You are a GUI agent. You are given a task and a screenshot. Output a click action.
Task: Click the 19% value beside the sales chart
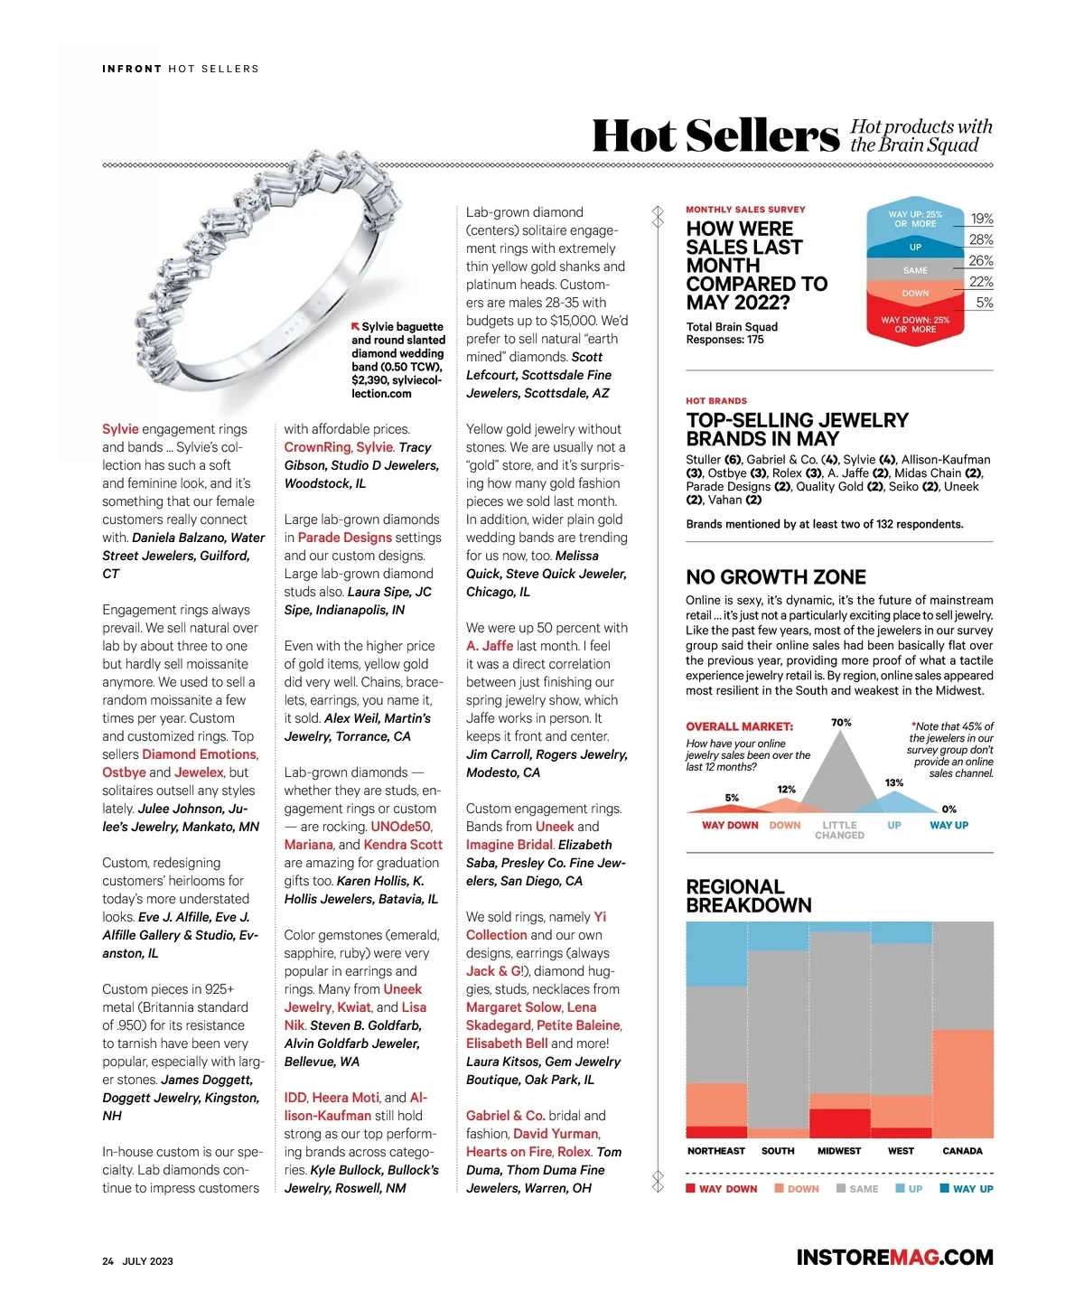pos(981,219)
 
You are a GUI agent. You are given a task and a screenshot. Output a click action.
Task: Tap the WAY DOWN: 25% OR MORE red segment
pos(915,324)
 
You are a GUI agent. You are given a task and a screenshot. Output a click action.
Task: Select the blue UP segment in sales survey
pos(915,247)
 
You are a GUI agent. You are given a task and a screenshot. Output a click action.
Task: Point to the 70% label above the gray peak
pos(841,723)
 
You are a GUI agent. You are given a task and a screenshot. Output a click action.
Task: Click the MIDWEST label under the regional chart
pos(839,1151)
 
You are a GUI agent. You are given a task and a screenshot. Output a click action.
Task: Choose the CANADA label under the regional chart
pos(962,1151)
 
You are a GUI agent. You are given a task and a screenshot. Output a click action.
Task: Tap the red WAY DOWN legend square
pos(691,1188)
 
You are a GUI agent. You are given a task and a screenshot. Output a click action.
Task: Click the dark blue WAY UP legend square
pos(944,1188)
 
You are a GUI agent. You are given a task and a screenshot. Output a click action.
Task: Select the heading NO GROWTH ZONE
pos(776,577)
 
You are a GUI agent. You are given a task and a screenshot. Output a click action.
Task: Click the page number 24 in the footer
pos(107,1261)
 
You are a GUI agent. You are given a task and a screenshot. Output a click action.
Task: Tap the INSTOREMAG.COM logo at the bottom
pos(894,1257)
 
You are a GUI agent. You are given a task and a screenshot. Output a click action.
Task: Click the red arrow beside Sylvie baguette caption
pos(356,326)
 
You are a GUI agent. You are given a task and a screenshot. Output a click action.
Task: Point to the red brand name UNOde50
pos(401,827)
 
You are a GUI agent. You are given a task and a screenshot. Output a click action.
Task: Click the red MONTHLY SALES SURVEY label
pos(745,210)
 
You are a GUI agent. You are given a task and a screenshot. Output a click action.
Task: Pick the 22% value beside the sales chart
pos(981,282)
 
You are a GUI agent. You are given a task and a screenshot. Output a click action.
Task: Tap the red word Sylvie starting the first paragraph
pos(120,429)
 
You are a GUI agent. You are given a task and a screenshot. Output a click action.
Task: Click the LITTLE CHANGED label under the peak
pos(839,830)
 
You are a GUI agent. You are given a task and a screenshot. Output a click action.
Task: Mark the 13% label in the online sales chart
pos(893,782)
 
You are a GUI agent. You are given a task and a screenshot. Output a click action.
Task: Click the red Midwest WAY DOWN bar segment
pos(840,1123)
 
